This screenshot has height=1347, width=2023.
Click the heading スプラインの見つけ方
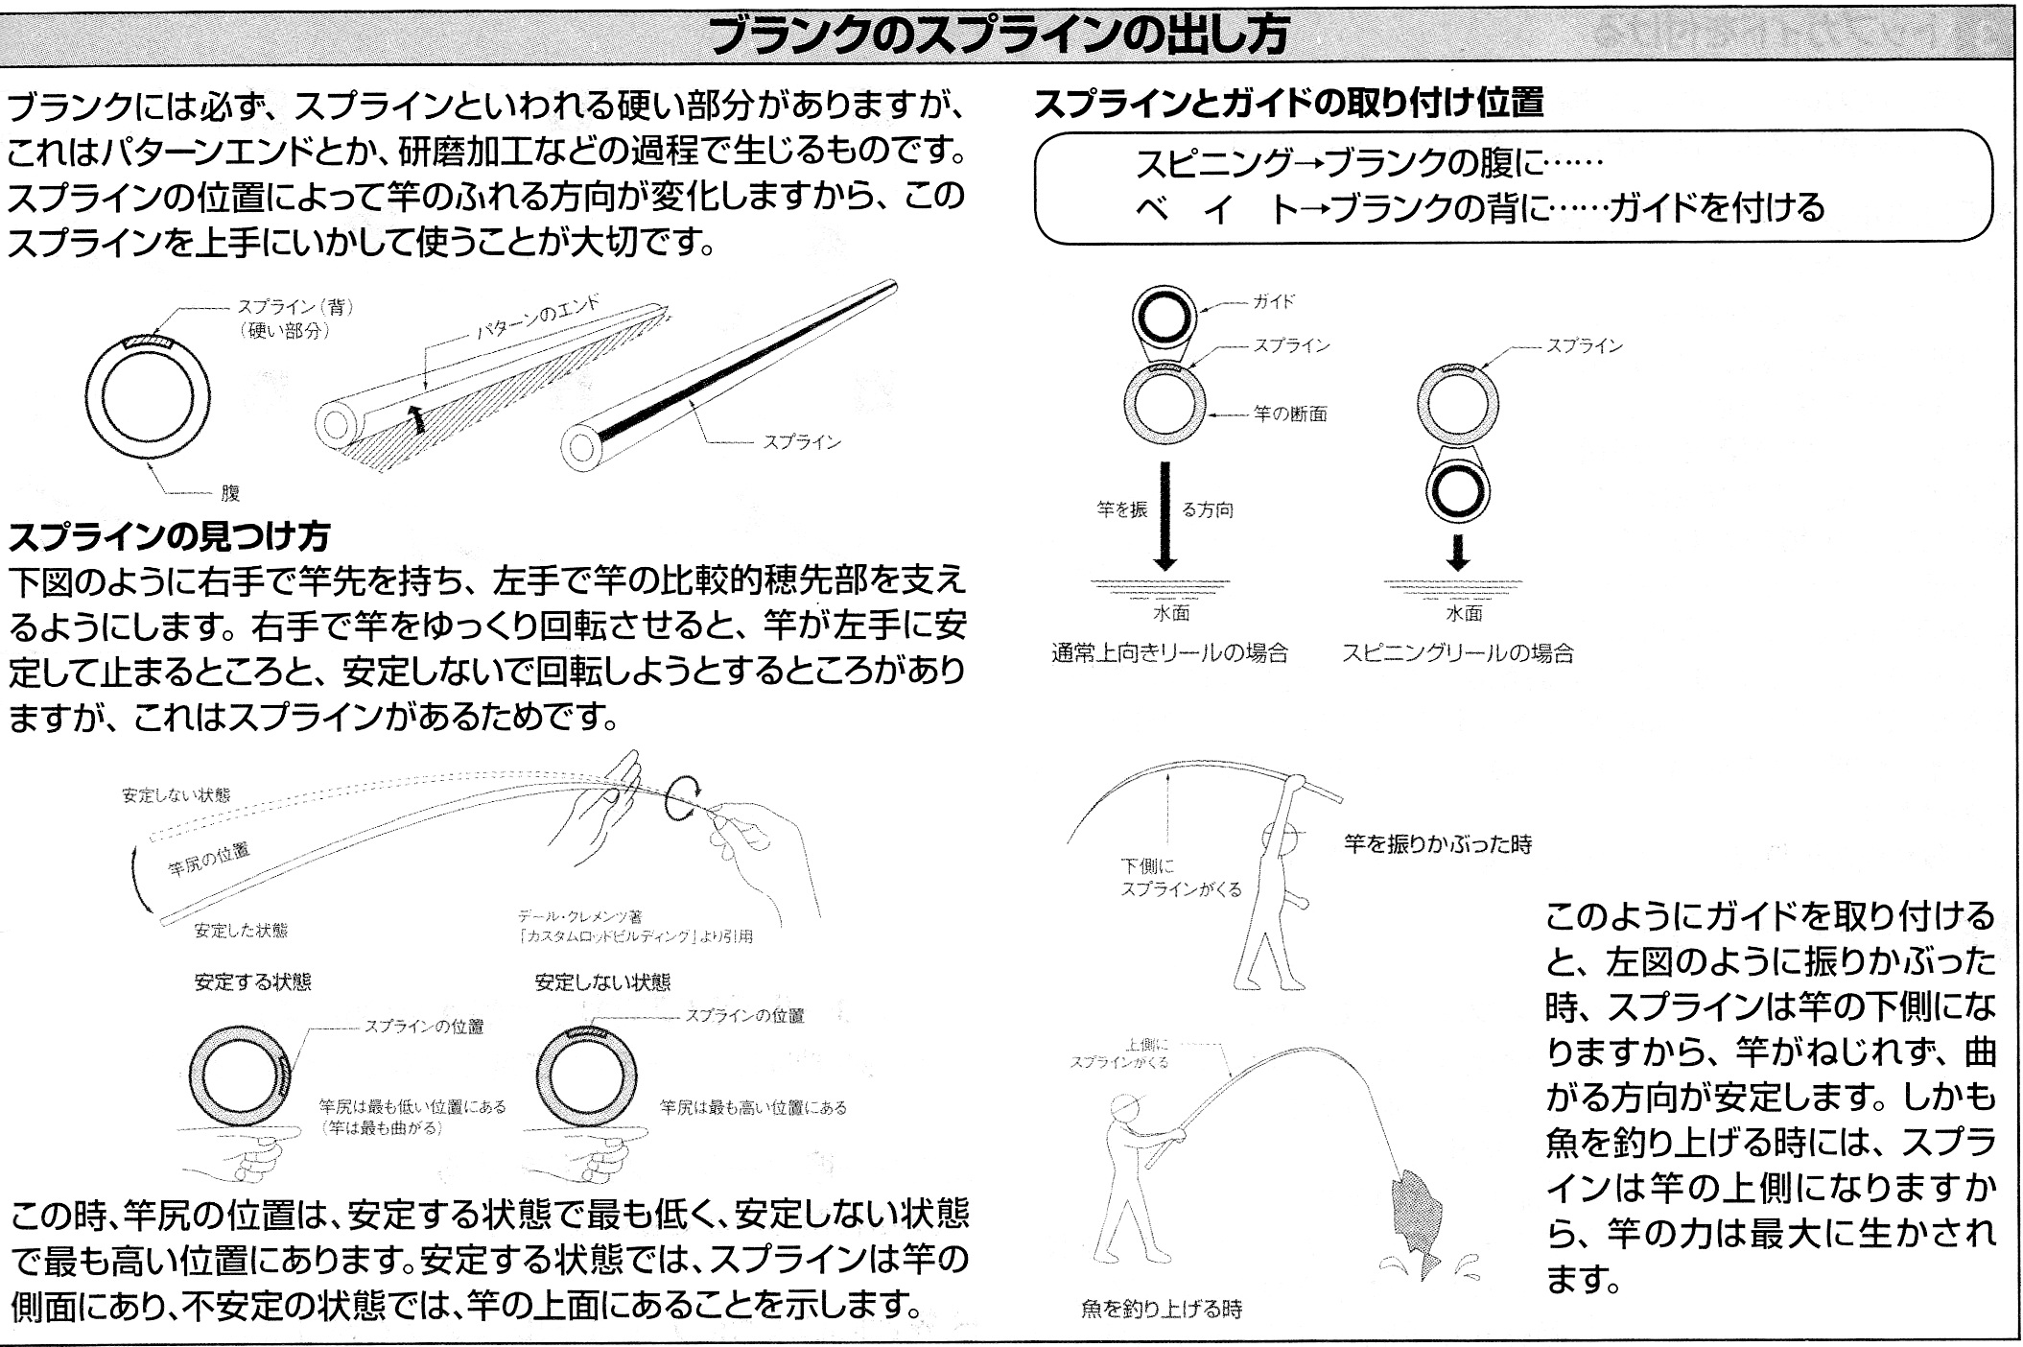click(169, 535)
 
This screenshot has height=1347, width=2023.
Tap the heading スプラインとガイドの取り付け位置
click(1288, 103)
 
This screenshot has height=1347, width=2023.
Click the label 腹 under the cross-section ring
click(230, 493)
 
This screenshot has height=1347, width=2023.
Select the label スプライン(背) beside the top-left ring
click(295, 307)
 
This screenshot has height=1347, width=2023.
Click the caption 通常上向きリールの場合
click(1169, 653)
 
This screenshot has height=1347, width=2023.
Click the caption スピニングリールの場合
click(1457, 653)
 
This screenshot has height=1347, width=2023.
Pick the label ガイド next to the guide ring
click(1273, 301)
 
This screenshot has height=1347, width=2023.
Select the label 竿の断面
click(1290, 414)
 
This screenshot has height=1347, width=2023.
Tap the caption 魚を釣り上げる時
click(1161, 1309)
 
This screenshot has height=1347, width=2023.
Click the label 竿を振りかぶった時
click(1437, 844)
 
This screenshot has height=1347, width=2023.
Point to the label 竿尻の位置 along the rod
click(209, 859)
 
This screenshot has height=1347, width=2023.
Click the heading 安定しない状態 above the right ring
click(602, 982)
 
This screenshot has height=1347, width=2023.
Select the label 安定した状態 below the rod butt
click(241, 930)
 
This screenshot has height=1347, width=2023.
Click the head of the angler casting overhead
click(1280, 837)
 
